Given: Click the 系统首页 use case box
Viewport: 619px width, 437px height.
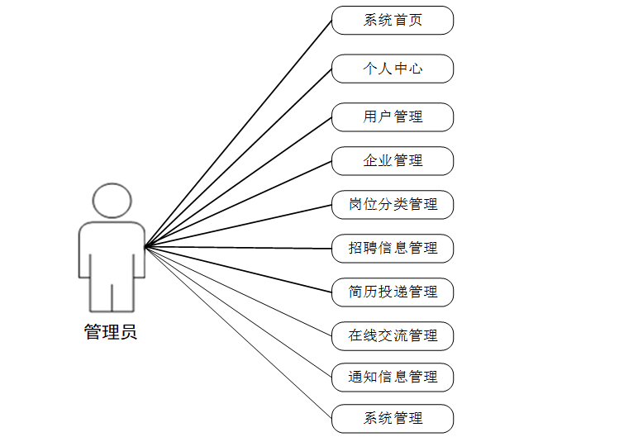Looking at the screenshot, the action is point(393,21).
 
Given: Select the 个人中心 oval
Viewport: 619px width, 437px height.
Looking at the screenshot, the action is point(393,69).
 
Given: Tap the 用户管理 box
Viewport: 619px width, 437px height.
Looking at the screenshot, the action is point(393,117).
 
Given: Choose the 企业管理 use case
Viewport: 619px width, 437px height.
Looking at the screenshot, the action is point(393,161).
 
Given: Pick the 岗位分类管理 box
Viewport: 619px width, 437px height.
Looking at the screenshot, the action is point(393,205).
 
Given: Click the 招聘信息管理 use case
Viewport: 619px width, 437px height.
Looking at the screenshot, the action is point(393,249).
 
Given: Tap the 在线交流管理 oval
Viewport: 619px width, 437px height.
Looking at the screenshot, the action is point(393,336).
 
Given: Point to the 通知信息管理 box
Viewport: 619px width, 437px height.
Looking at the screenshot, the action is point(393,378).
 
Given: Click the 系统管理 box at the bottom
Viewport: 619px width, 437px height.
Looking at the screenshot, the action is point(393,419).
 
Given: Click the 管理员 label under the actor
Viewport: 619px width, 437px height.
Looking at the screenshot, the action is point(111,333).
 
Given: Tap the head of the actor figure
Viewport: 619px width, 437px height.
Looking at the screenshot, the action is point(112,201).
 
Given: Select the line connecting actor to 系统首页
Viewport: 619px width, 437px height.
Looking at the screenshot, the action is point(238,134).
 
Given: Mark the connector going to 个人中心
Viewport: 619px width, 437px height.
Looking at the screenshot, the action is point(238,158).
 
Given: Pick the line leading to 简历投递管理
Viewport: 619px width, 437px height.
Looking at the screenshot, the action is point(238,269).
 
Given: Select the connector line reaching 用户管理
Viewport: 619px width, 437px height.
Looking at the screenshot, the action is point(238,183).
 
